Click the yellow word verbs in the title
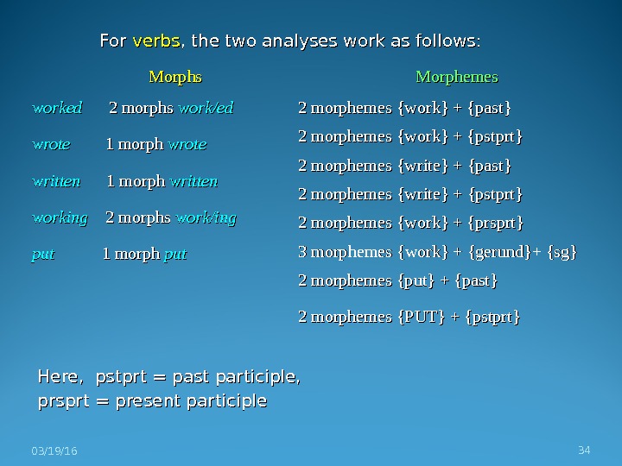156,41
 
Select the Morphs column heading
175,78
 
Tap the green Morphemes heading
457,78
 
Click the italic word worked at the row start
57,109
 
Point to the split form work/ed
206,109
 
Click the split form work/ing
206,218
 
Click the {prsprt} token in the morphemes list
495,223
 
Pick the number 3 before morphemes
302,252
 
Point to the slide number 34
584,450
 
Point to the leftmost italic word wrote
51,145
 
